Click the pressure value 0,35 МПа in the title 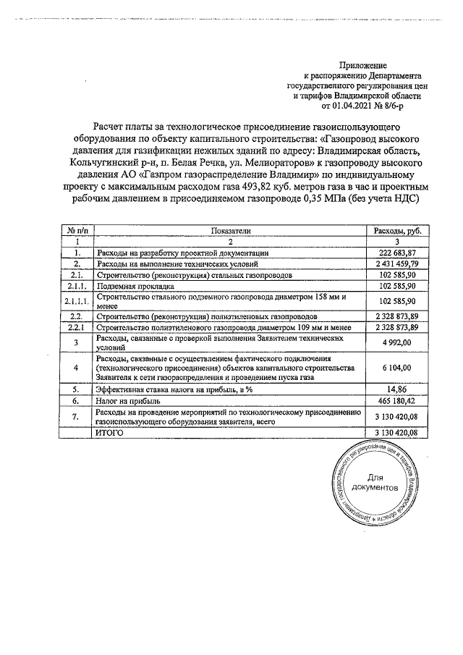click(x=329, y=198)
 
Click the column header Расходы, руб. click(x=397, y=230)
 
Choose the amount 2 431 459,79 click(x=395, y=264)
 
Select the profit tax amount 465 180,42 click(x=397, y=400)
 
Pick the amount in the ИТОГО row click(x=397, y=432)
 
